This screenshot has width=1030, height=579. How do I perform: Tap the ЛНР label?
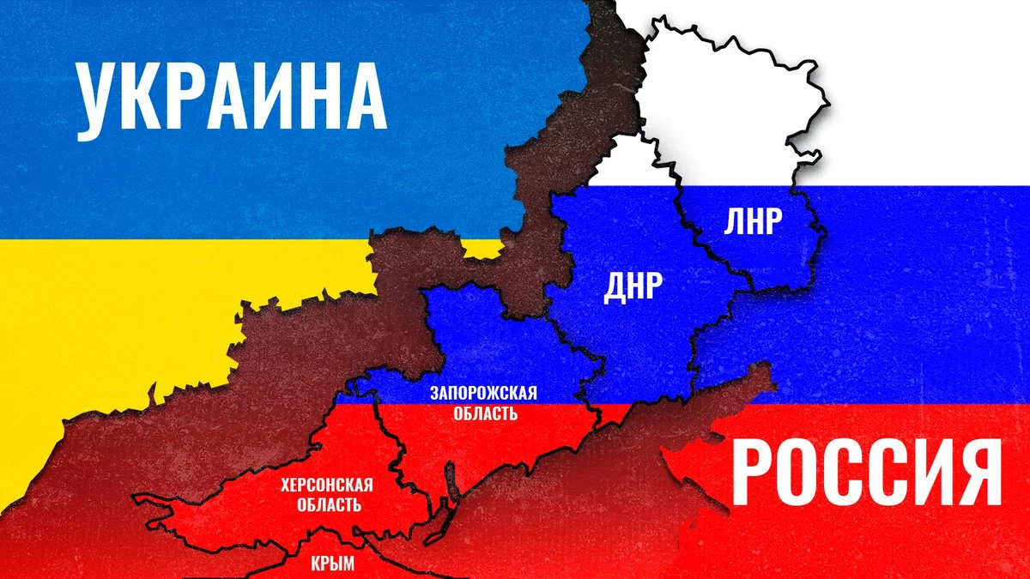[x=753, y=221]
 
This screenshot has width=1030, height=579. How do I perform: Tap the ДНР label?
[x=634, y=288]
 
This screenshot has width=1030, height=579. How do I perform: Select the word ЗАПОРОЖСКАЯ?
[x=485, y=395]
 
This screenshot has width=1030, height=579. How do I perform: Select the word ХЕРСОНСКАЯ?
[x=326, y=486]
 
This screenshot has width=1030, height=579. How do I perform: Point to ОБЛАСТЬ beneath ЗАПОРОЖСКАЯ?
[x=485, y=413]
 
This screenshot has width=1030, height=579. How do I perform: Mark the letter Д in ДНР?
[x=615, y=288]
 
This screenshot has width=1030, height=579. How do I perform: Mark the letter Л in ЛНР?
[x=733, y=221]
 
